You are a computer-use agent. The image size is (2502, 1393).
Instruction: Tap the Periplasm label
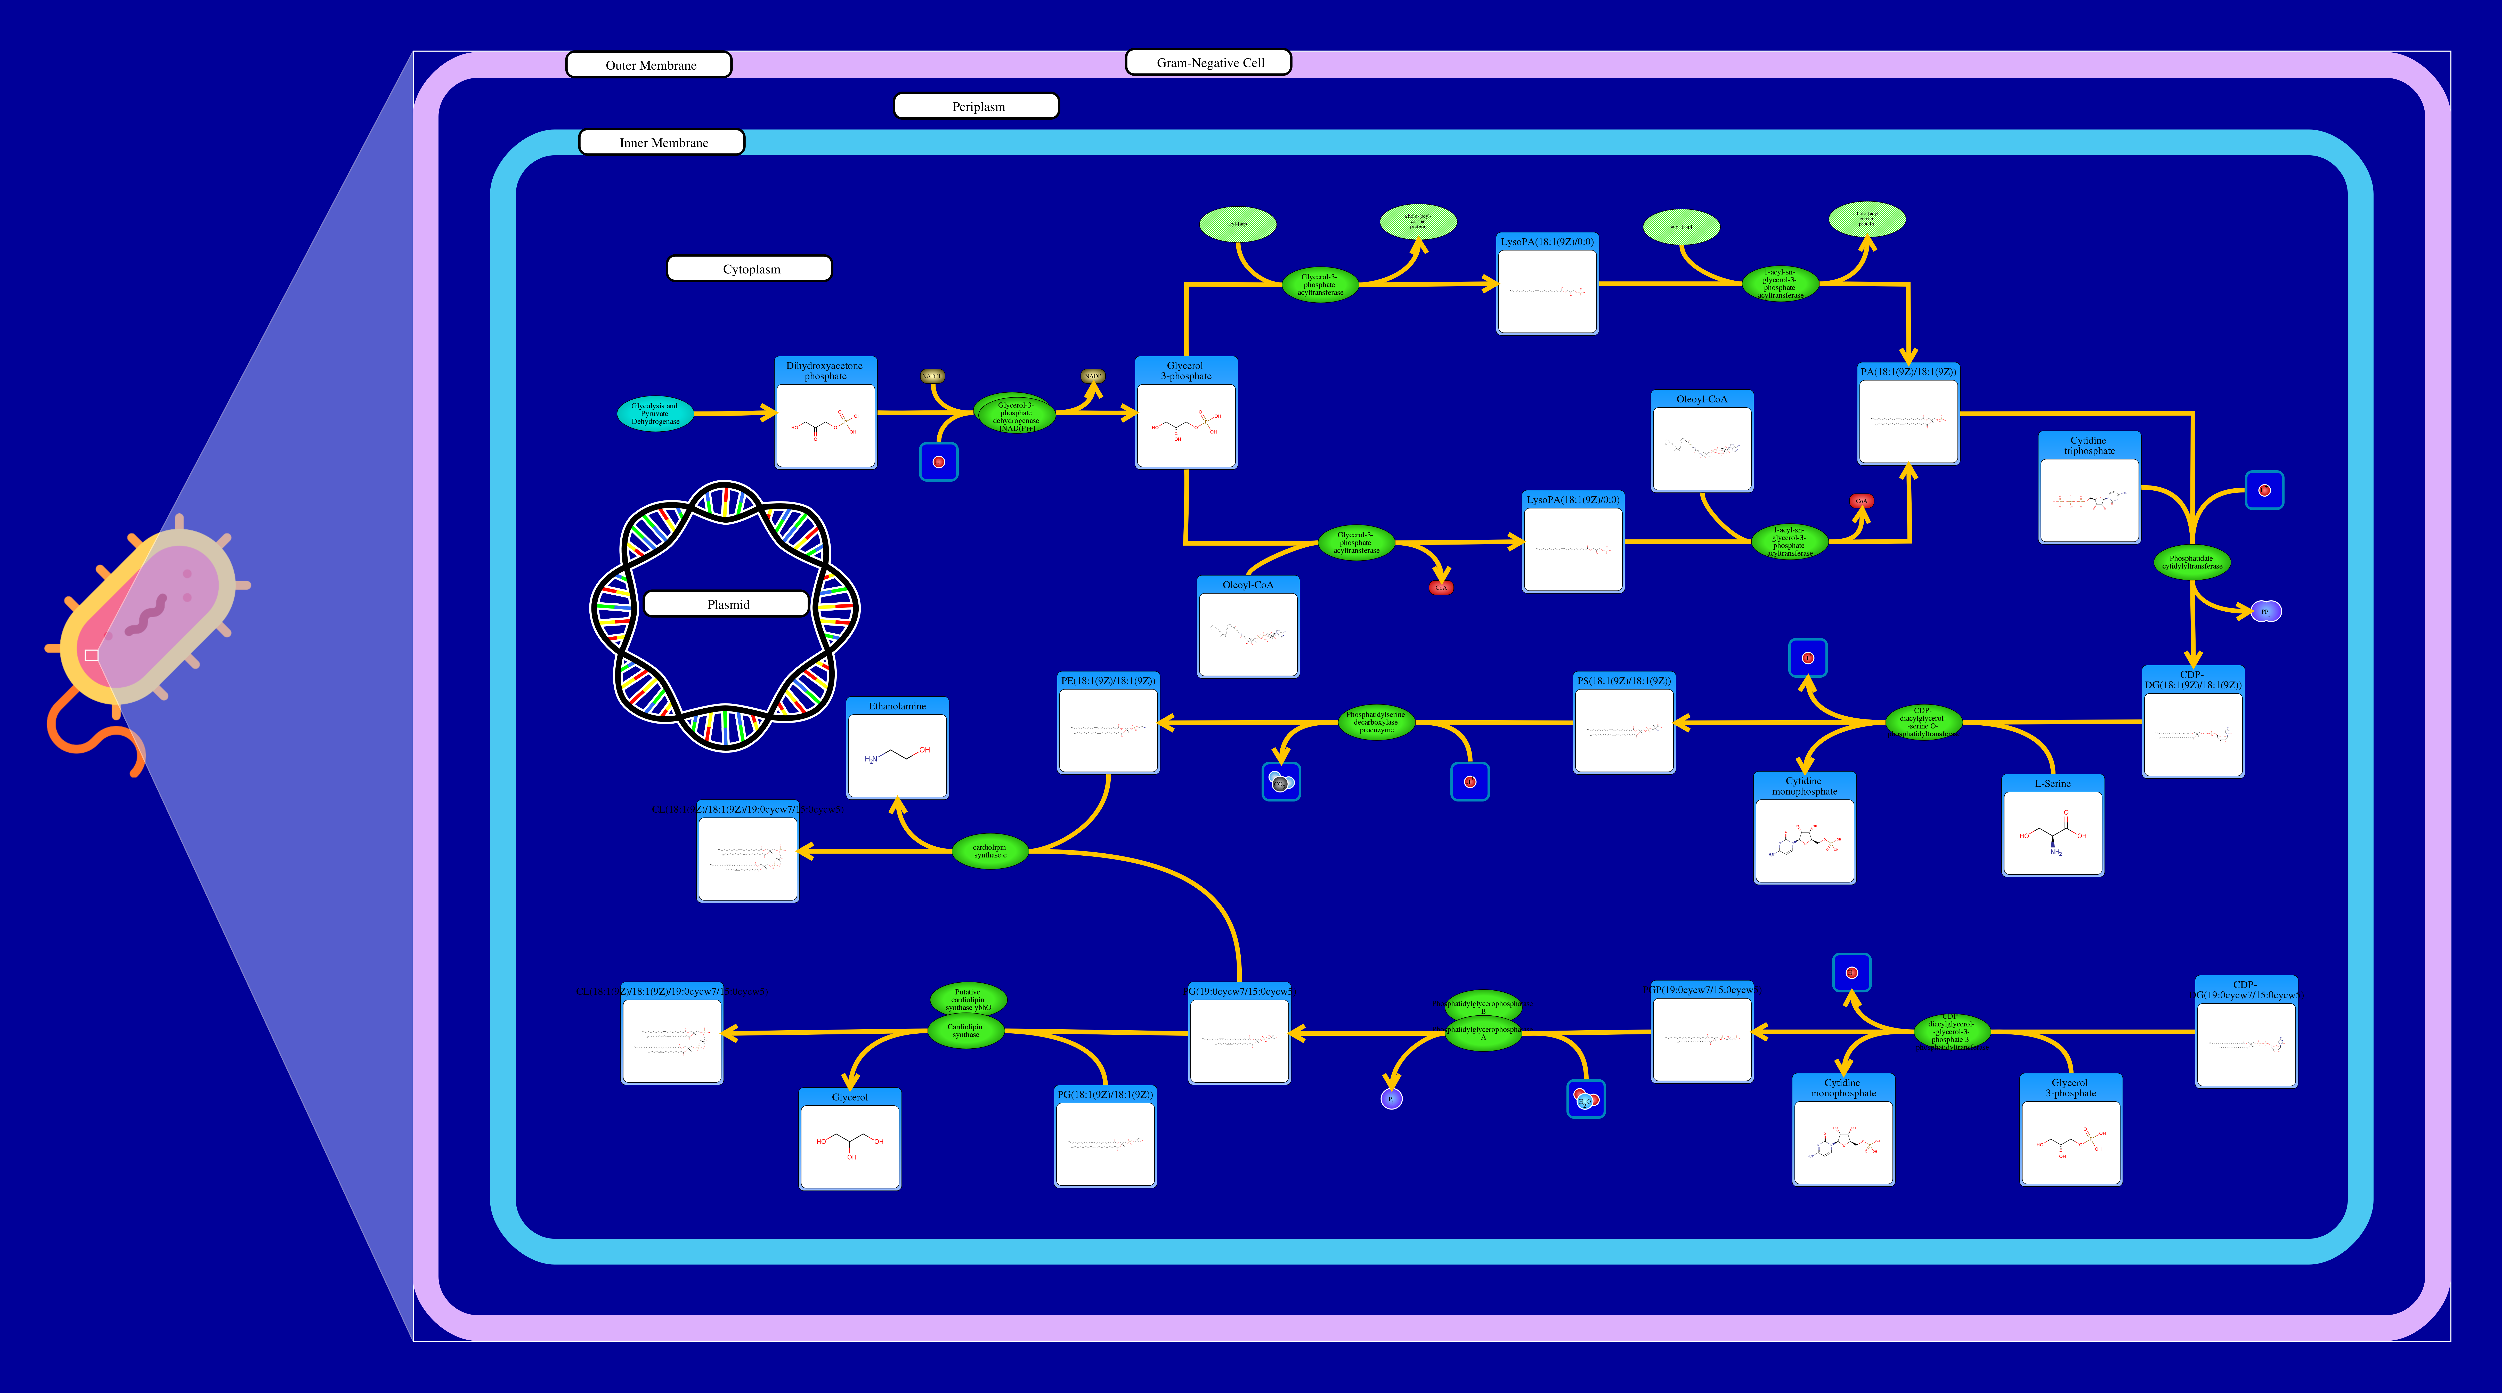pyautogui.click(x=976, y=106)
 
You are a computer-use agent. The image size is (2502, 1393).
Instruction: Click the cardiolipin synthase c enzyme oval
pyautogui.click(x=989, y=851)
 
